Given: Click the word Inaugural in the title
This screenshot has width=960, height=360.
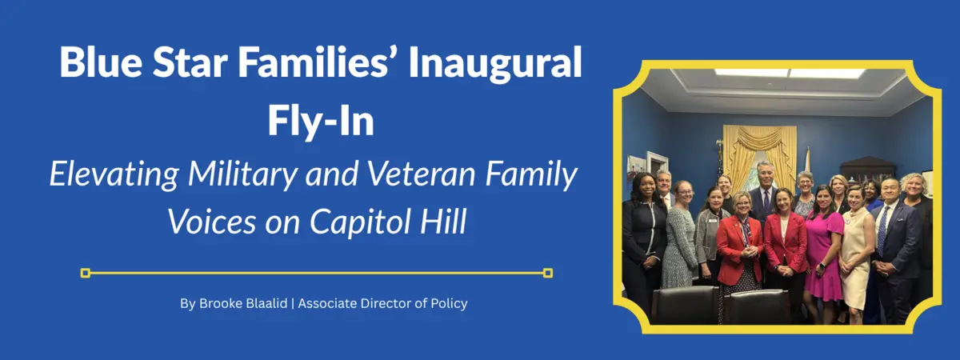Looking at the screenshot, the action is (x=495, y=62).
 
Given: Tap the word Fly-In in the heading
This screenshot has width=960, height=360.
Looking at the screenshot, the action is (x=321, y=121).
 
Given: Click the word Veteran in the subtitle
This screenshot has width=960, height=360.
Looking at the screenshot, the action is (x=422, y=174).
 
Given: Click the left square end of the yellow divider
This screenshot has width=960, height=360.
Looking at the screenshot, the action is (x=86, y=273).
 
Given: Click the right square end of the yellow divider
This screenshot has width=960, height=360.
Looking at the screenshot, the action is (x=548, y=273).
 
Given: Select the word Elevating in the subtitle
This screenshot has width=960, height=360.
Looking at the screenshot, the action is (x=114, y=175).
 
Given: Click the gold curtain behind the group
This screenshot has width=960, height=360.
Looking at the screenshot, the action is (x=759, y=155).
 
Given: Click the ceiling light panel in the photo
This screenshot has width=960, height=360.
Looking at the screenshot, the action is (x=790, y=73).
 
